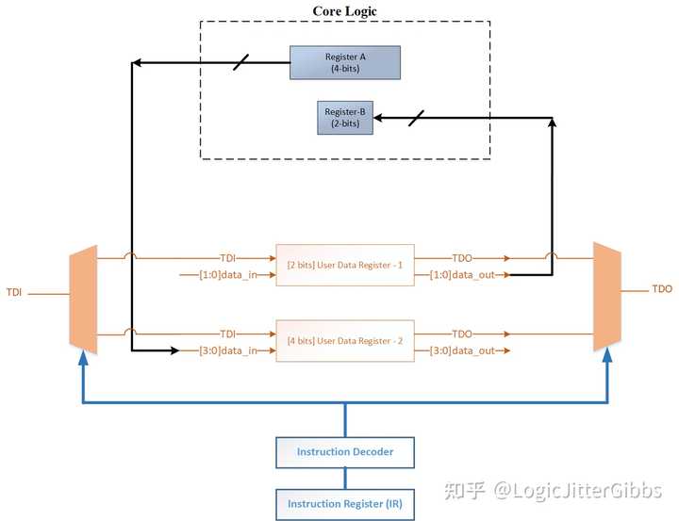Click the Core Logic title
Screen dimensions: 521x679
click(345, 11)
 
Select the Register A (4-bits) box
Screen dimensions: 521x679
click(344, 63)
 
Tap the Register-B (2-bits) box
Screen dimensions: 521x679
click(344, 118)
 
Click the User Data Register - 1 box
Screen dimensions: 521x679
click(344, 266)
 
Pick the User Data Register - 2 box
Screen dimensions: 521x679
click(344, 341)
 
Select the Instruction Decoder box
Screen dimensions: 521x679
click(344, 452)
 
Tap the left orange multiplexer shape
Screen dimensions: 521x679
click(83, 296)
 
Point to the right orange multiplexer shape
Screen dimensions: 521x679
click(606, 296)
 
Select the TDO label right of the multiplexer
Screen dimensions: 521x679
click(661, 289)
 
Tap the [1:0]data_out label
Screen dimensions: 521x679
click(462, 275)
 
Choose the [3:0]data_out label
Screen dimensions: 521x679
click(462, 350)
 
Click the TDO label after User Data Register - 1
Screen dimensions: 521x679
click(462, 257)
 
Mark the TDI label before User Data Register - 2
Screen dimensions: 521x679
click(227, 333)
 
